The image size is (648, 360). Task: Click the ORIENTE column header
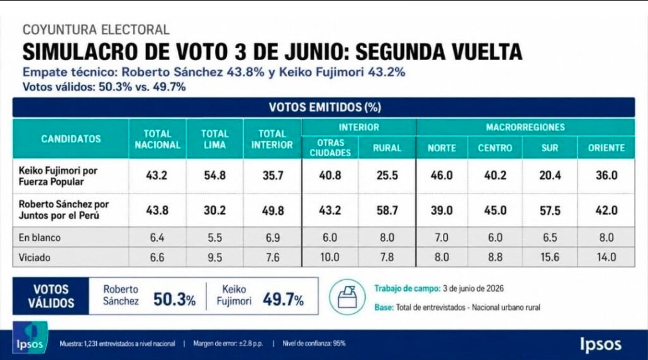(606, 148)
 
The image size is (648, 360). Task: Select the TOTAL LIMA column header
(215, 139)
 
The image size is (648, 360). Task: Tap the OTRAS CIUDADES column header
(330, 147)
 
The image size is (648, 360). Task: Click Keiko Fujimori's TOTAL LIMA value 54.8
(215, 175)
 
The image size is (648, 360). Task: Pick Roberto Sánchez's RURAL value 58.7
(387, 211)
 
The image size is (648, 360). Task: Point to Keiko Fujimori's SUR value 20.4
(550, 175)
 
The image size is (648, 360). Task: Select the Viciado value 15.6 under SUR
(550, 257)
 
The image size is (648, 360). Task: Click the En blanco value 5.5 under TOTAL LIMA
(215, 238)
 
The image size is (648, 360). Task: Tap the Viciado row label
(34, 258)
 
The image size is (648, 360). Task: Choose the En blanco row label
(40, 238)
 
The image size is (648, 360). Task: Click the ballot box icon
(347, 297)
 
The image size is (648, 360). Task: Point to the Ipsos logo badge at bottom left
(30, 338)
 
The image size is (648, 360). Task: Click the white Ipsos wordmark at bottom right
(601, 344)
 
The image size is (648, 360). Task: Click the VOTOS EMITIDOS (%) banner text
(325, 108)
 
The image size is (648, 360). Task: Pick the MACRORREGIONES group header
(525, 127)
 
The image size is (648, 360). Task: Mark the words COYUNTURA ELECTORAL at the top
(96, 30)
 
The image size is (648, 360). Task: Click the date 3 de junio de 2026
(473, 289)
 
